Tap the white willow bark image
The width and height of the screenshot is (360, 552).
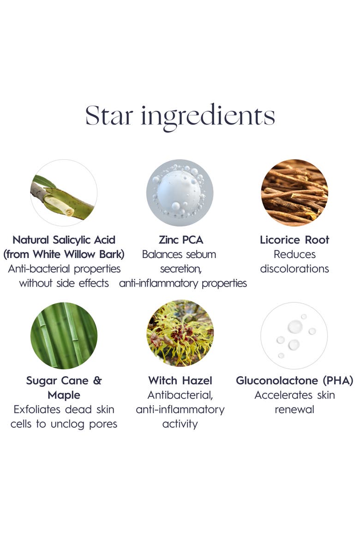pos(64,193)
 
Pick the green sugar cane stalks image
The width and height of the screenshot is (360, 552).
pos(64,336)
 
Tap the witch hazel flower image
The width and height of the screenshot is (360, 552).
pos(180,333)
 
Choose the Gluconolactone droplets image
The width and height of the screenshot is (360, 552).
pos(294,336)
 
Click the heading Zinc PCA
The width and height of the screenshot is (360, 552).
pos(180,240)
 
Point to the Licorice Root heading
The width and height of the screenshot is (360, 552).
pos(294,240)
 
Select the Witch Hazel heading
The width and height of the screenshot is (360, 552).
pos(180,381)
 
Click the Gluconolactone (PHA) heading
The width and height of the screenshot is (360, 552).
pos(294,381)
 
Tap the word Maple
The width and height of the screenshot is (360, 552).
pos(64,395)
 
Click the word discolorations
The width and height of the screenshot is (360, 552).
pos(294,269)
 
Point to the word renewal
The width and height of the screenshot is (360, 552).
pos(294,409)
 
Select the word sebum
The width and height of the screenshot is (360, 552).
pos(199,254)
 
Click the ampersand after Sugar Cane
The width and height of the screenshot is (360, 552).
pos(97,381)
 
